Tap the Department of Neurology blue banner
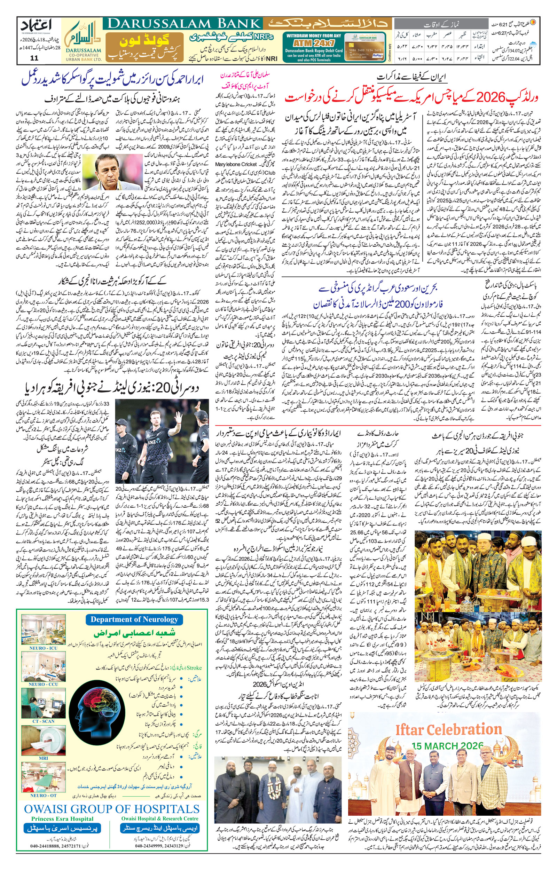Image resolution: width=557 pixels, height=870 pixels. pos(134,619)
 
